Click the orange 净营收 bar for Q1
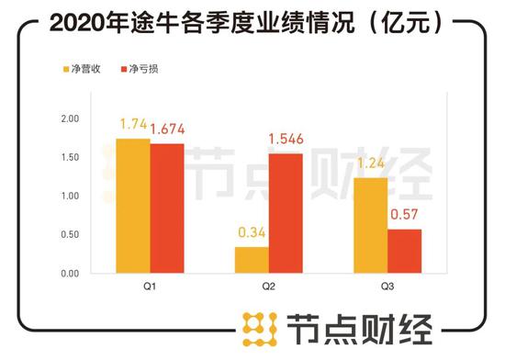coord(133,206)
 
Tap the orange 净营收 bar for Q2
coord(252,260)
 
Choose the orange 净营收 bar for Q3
coord(370,225)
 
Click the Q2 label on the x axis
coord(270,286)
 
